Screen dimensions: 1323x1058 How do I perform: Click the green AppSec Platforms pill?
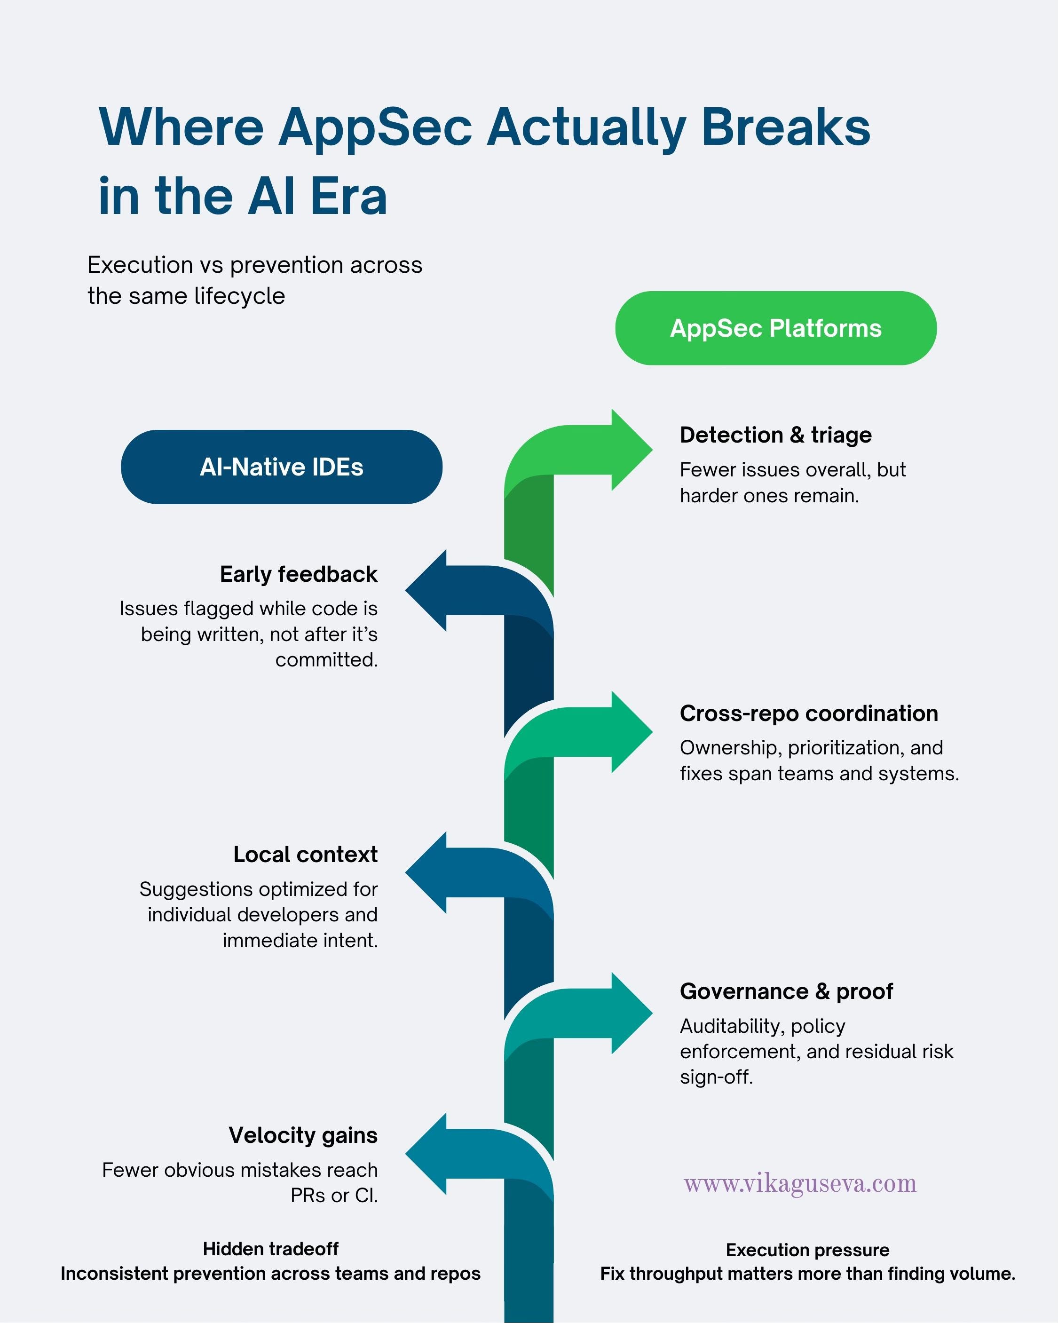pos(776,328)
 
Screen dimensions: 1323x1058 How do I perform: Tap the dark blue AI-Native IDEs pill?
pos(282,467)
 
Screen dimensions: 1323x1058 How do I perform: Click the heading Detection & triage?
pos(776,435)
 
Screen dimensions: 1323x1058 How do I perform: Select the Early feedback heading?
pos(299,574)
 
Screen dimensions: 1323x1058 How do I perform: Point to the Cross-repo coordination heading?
pos(809,713)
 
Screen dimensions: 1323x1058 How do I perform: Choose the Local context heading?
pos(306,854)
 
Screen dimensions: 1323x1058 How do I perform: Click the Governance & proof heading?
pos(786,991)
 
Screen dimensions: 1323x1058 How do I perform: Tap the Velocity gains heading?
pos(303,1135)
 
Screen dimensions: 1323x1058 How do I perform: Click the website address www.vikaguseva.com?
pos(800,1184)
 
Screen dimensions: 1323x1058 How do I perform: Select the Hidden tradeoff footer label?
pos(271,1249)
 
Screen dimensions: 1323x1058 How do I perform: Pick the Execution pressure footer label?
pos(808,1250)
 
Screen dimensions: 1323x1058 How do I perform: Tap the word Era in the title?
pos(348,197)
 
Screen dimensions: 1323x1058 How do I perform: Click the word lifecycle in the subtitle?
pos(239,296)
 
